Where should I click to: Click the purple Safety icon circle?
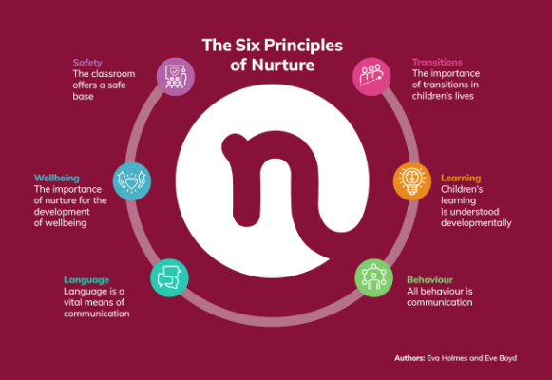[x=176, y=77]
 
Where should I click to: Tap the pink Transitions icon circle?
[x=371, y=77]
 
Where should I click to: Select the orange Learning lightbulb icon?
[x=412, y=181]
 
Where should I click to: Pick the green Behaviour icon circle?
[x=374, y=278]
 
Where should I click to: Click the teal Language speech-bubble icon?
[x=169, y=278]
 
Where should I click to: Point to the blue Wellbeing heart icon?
[x=132, y=181]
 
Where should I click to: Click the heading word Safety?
[x=87, y=63]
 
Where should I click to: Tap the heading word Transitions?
[x=437, y=63]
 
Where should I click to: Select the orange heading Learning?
[x=461, y=179]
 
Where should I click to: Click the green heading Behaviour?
[x=429, y=279]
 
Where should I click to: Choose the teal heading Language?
[x=86, y=280]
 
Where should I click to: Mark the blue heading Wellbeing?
[x=57, y=179]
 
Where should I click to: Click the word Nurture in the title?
[x=283, y=66]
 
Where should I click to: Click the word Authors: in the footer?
[x=409, y=358]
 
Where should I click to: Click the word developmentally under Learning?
[x=476, y=223]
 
